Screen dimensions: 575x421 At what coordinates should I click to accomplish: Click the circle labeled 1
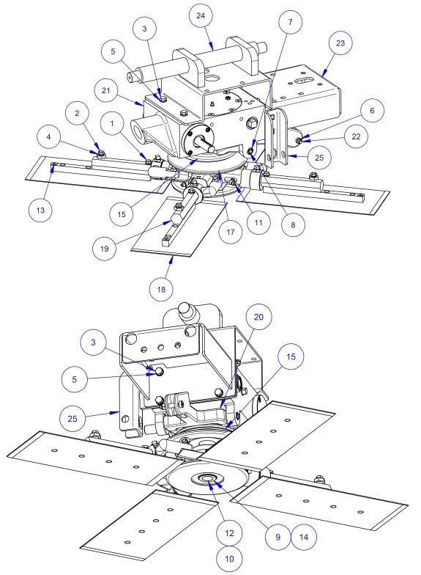(114, 127)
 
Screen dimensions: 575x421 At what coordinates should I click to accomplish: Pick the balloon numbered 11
(256, 221)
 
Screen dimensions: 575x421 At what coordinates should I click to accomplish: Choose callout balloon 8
(292, 227)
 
